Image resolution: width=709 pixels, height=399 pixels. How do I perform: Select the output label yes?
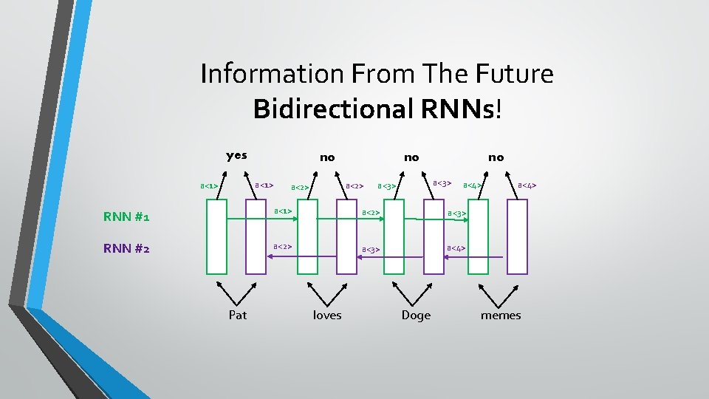pyautogui.click(x=236, y=155)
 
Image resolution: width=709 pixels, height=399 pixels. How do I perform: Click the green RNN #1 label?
pyautogui.click(x=126, y=217)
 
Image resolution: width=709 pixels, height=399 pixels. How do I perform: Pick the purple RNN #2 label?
pyautogui.click(x=126, y=248)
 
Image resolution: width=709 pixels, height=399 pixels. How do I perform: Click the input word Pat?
pyautogui.click(x=238, y=316)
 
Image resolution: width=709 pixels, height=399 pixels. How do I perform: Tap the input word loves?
pyautogui.click(x=327, y=316)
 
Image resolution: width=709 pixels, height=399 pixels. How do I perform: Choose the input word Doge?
pyautogui.click(x=416, y=316)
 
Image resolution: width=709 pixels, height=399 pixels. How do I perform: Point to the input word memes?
pyautogui.click(x=501, y=316)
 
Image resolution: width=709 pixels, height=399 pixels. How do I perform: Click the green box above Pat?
pyautogui.click(x=217, y=237)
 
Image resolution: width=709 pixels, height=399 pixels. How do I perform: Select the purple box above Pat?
pyautogui.click(x=256, y=237)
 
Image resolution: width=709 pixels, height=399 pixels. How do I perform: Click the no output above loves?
pyautogui.click(x=326, y=157)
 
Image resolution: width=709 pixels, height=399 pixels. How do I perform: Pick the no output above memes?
pyautogui.click(x=496, y=157)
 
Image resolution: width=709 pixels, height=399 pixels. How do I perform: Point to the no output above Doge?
pyautogui.click(x=411, y=157)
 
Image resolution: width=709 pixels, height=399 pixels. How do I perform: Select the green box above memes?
pyautogui.click(x=479, y=237)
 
